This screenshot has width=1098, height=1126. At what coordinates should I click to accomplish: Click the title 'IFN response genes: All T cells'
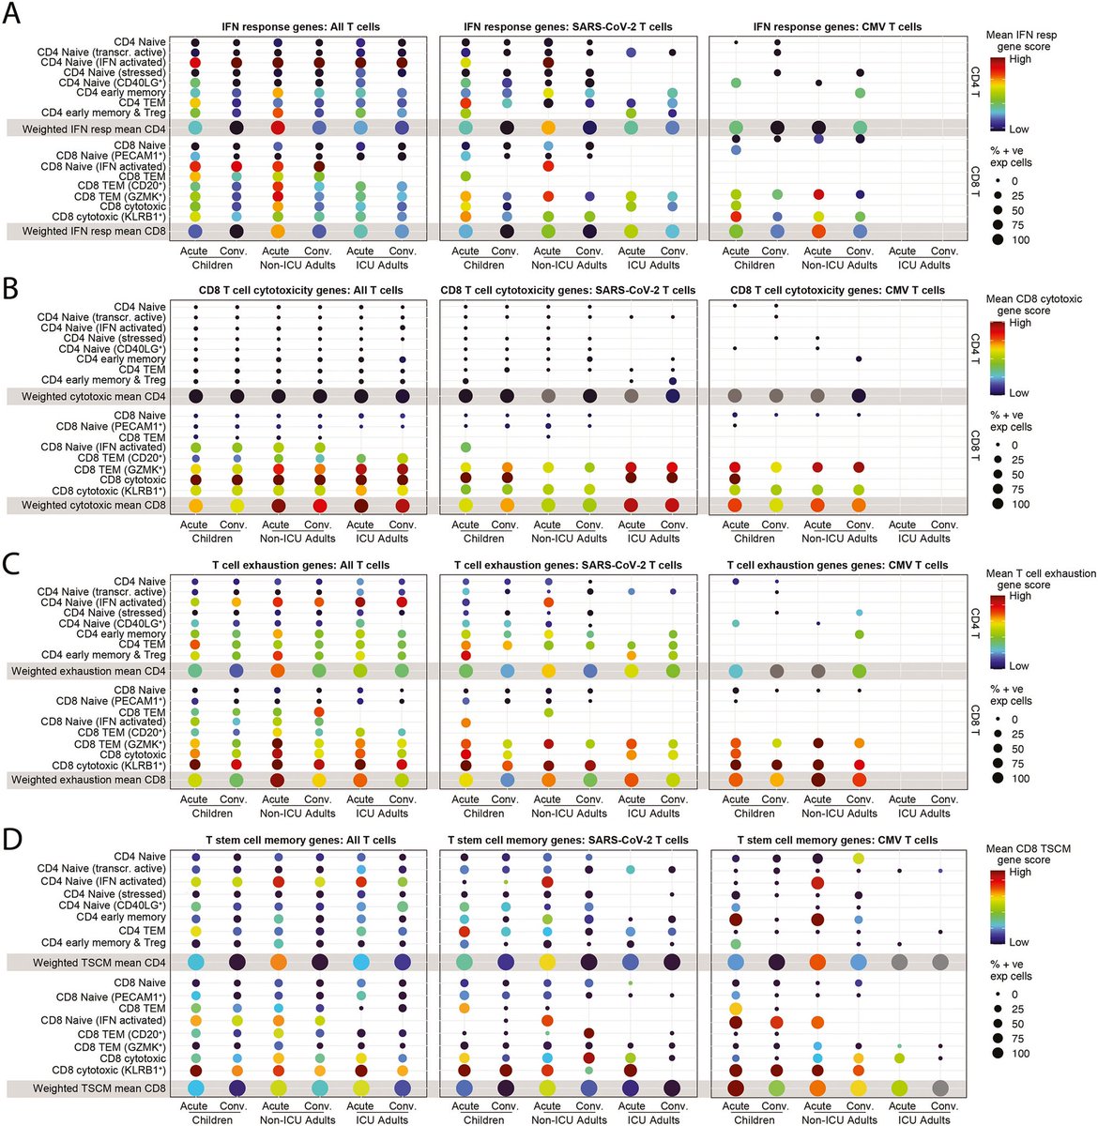[x=301, y=27]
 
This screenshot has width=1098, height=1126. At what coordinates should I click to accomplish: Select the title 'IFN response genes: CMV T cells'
[x=842, y=27]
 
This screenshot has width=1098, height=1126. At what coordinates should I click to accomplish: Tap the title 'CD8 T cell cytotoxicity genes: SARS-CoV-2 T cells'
[x=568, y=291]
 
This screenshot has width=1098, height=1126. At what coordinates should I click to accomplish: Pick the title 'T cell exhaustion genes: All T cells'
[x=301, y=566]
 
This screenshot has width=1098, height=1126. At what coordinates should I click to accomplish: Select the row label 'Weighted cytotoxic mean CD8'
[x=94, y=506]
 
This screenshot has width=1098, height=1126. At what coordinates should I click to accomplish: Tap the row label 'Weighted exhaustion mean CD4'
[x=88, y=671]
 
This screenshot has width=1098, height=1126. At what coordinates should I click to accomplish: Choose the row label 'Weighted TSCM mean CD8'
[x=99, y=1088]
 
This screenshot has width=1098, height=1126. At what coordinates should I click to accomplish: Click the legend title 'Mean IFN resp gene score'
[x=1020, y=41]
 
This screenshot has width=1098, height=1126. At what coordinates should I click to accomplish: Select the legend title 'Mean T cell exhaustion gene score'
[x=1040, y=579]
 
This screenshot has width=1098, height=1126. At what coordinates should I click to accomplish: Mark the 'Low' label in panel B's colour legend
[x=1019, y=393]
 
